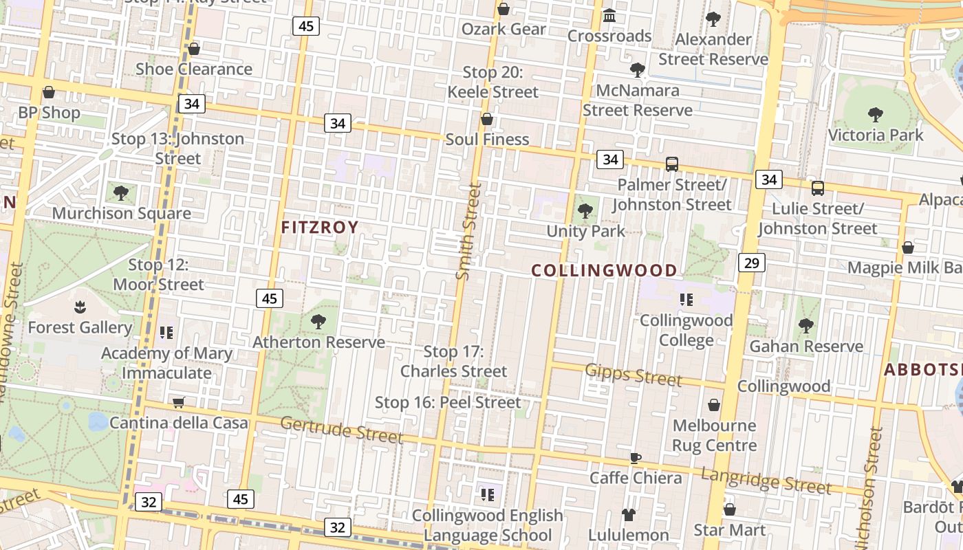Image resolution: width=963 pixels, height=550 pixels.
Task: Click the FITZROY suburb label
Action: [320, 228]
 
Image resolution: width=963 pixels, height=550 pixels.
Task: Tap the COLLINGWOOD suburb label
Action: [605, 270]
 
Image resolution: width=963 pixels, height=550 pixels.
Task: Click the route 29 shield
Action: [752, 262]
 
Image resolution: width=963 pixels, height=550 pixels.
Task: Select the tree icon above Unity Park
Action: [585, 210]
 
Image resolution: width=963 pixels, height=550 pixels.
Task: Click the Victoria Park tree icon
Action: [875, 114]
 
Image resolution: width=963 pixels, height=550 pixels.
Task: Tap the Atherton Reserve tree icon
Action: [318, 321]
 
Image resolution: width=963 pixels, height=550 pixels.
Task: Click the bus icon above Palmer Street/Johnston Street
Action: [672, 164]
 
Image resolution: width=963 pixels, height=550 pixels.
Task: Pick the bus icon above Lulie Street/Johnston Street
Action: [817, 188]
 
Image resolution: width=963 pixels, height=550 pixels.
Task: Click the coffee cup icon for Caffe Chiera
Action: [636, 458]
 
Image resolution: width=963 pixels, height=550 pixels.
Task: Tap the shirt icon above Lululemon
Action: [628, 514]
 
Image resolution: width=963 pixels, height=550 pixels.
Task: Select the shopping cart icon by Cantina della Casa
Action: [179, 402]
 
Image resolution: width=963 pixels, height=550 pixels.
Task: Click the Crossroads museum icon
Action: [609, 15]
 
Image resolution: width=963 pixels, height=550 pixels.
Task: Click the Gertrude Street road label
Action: [341, 430]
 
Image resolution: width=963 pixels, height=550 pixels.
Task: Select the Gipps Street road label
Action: [634, 375]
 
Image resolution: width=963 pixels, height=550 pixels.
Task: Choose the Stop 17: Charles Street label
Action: [453, 362]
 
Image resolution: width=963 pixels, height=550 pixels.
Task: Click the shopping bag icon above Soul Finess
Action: [487, 119]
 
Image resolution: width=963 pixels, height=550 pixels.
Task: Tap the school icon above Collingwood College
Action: [686, 299]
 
